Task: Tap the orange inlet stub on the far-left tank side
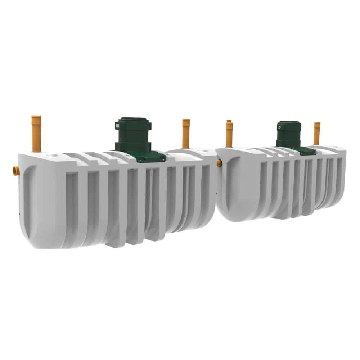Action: (x=16, y=171)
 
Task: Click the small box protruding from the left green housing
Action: (x=117, y=126)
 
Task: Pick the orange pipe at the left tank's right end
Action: (x=186, y=134)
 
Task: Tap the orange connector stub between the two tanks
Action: (x=219, y=163)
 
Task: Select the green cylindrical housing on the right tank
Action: (x=289, y=134)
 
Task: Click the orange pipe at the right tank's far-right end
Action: (x=317, y=134)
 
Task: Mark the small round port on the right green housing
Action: (x=279, y=126)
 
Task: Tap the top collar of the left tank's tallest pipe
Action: (x=36, y=117)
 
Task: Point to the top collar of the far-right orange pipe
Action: (x=317, y=123)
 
